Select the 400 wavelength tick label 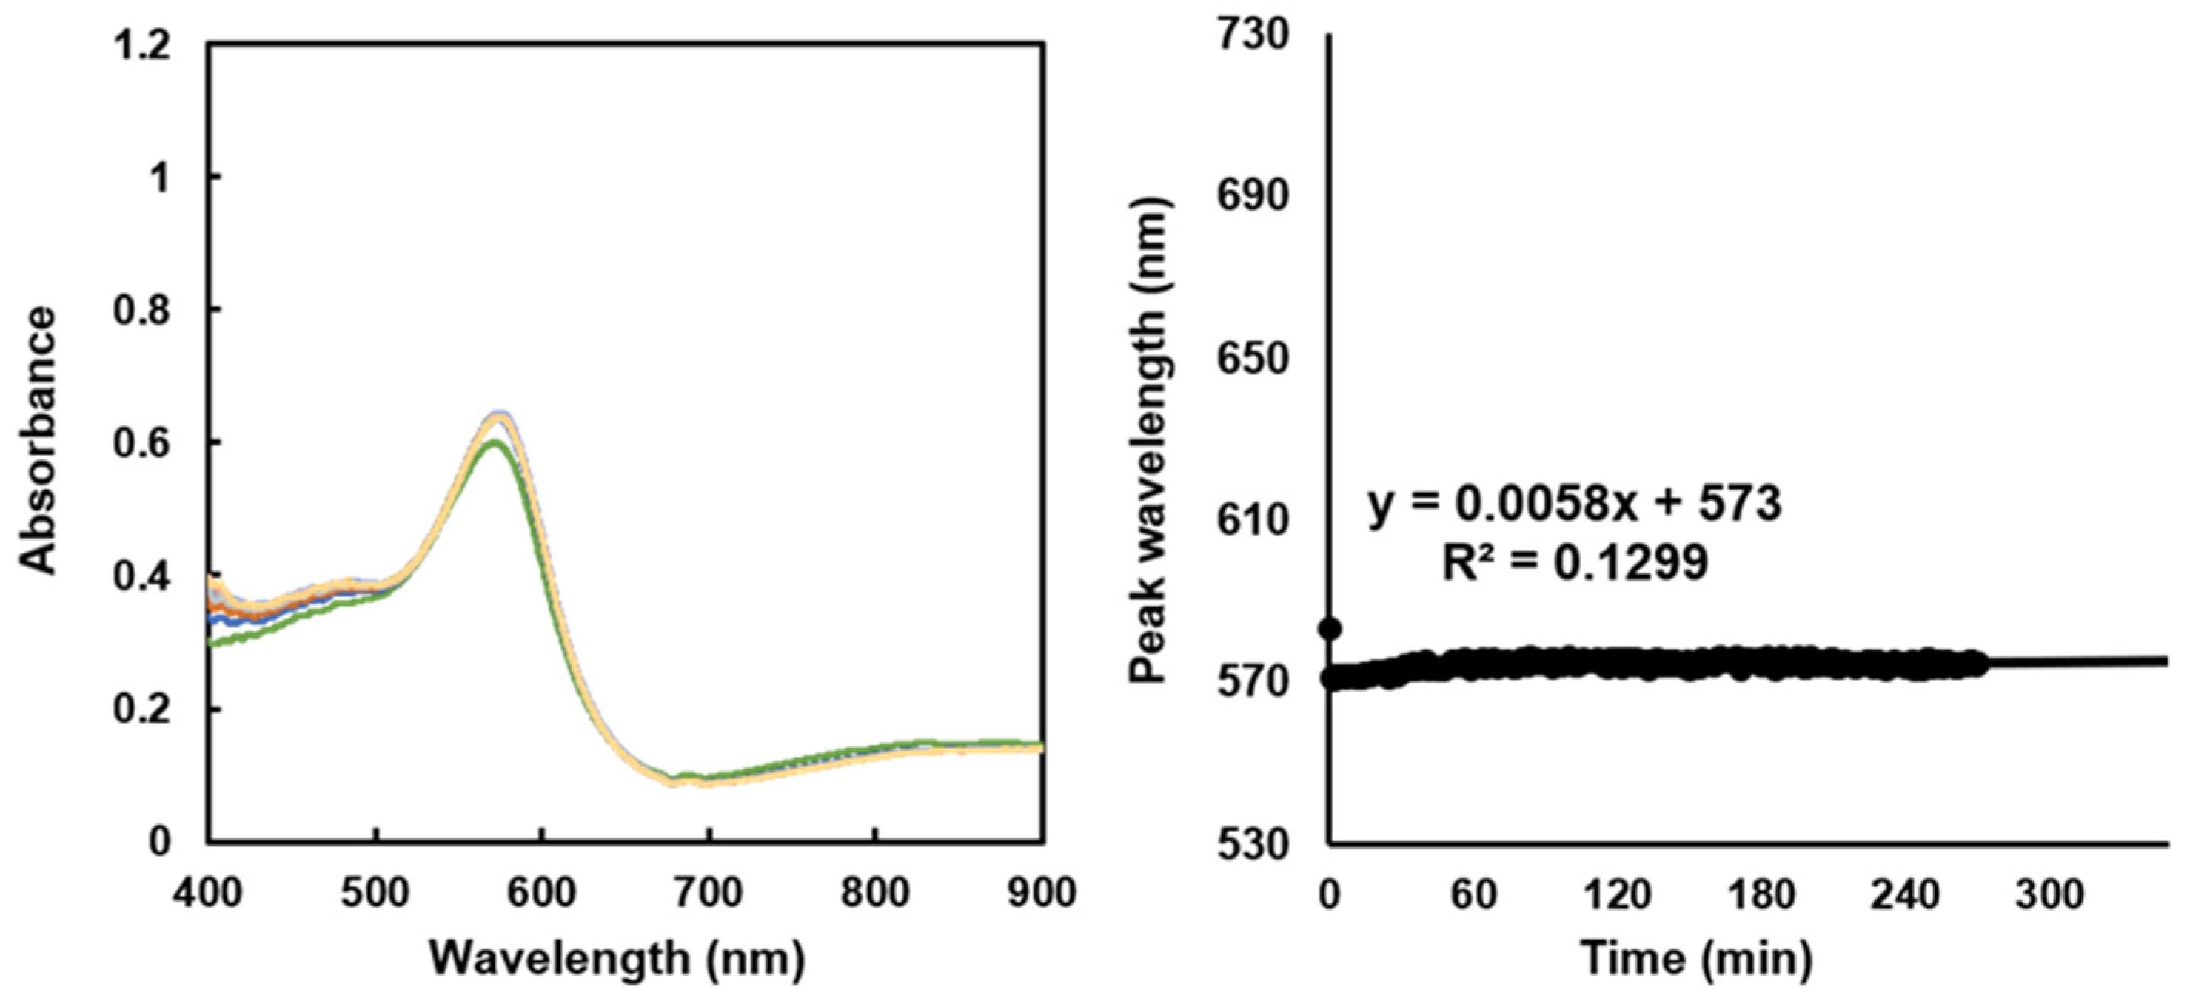[210, 893]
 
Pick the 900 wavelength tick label [1041, 893]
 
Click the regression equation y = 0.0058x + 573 [1575, 504]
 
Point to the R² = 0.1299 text [1575, 562]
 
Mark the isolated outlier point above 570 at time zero [1331, 629]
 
